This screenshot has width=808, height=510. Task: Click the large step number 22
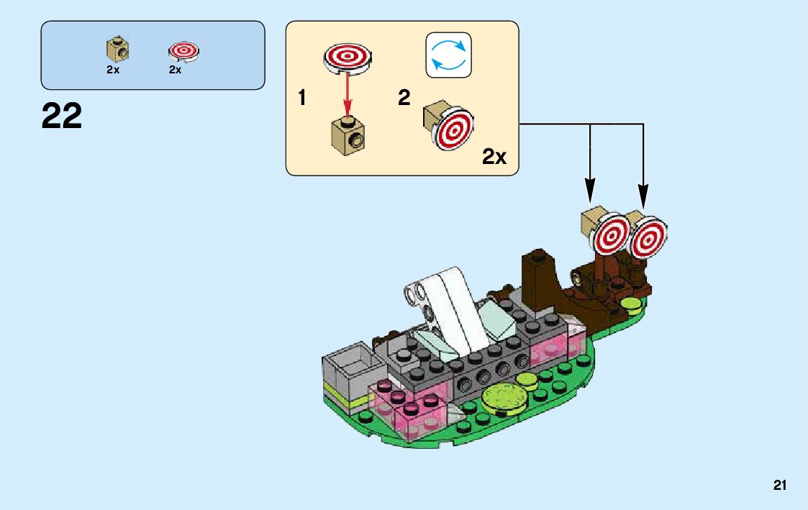click(x=62, y=116)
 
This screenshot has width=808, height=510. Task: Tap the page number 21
click(x=780, y=486)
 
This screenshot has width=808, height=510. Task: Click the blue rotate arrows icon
click(x=448, y=55)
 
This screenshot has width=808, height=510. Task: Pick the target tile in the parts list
click(x=183, y=50)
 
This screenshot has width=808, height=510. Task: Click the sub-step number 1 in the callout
click(x=302, y=99)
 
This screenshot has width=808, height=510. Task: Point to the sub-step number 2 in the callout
click(x=404, y=99)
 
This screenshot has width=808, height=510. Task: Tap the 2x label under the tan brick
click(x=112, y=70)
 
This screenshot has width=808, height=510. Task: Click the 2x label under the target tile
click(x=175, y=70)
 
